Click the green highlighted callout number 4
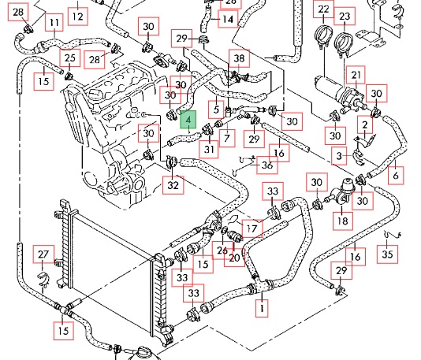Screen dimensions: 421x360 pos(188,120)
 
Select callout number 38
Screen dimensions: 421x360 pos(239,58)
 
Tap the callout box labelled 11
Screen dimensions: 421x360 pos(54,23)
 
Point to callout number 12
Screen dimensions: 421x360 pos(78,17)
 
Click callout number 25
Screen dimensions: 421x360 pos(70,58)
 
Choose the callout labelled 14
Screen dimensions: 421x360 pos(228,19)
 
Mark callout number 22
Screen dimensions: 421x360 pos(323,9)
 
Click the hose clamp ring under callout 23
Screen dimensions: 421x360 pos(343,43)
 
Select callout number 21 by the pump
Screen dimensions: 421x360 pos(356,75)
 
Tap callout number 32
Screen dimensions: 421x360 pos(173,185)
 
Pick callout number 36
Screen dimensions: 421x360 pos(267,165)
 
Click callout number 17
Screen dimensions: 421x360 pos(252,228)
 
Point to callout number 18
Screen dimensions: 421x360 pos(343,221)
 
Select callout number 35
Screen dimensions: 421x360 pos(387,254)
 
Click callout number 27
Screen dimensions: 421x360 pos(43,254)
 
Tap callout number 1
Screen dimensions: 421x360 pos(262,308)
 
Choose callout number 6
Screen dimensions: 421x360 pos(396,176)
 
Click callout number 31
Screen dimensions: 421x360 pos(209,149)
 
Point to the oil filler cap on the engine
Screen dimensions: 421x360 pos(95,95)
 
